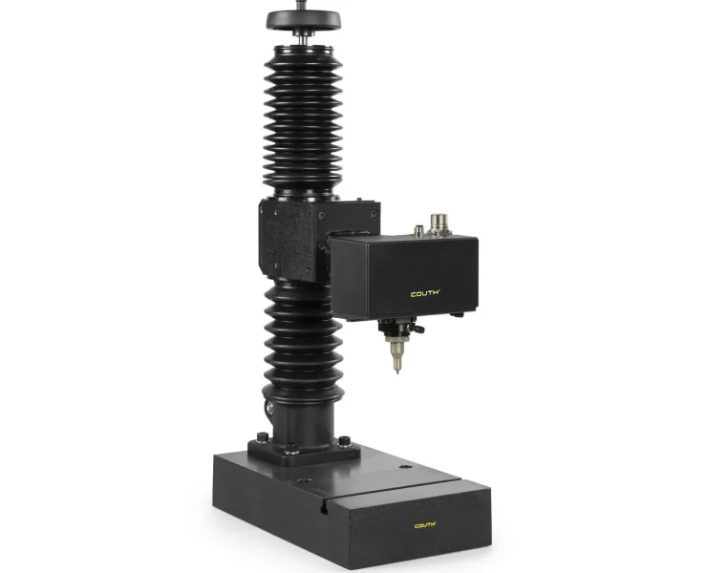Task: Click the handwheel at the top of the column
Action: (303, 20)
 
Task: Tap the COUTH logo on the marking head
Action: (425, 294)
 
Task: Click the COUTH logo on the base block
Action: (425, 525)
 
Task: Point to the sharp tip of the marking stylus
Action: (397, 371)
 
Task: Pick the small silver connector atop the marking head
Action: (418, 231)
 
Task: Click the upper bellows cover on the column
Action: (303, 120)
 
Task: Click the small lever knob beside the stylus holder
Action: (419, 329)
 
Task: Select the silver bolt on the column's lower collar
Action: (269, 409)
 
